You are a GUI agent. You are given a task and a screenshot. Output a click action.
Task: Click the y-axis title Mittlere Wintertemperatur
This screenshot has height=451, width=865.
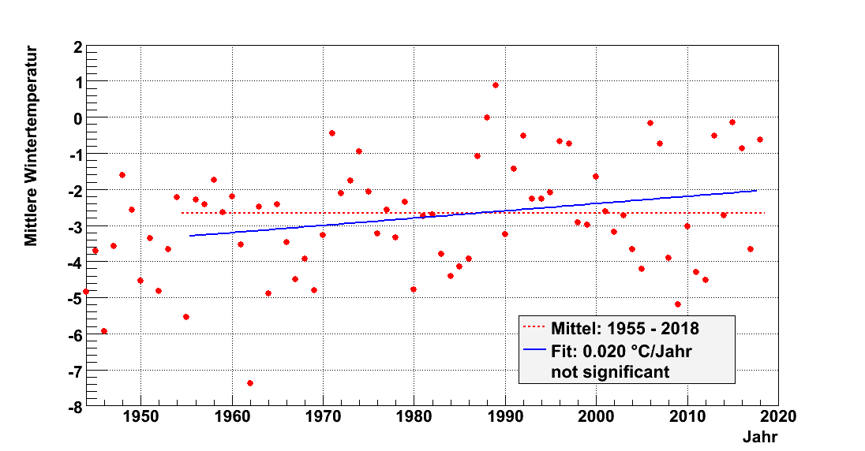point(32,146)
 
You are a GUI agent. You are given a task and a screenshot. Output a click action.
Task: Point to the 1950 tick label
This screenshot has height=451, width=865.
point(140,417)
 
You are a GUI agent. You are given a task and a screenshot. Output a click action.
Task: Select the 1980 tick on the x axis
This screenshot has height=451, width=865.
point(414,417)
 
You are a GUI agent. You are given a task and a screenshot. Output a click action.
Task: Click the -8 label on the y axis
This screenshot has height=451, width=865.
point(73,407)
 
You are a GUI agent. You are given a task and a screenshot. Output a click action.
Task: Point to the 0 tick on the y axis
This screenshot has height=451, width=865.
point(77,118)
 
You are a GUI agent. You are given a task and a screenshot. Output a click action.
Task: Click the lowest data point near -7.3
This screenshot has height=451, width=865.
point(250,383)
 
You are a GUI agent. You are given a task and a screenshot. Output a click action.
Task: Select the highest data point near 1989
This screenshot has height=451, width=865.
point(496,85)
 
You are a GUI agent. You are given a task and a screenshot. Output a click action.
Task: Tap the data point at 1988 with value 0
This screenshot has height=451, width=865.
point(487,117)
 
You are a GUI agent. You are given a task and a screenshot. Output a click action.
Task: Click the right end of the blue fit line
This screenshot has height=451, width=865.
point(756,190)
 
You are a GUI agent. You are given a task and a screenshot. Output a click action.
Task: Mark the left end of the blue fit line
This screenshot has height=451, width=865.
point(190,236)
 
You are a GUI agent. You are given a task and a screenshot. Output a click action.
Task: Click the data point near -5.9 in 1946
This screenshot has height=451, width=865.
point(104,331)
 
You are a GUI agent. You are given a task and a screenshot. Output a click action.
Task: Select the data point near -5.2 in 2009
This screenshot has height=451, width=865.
point(678,304)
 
